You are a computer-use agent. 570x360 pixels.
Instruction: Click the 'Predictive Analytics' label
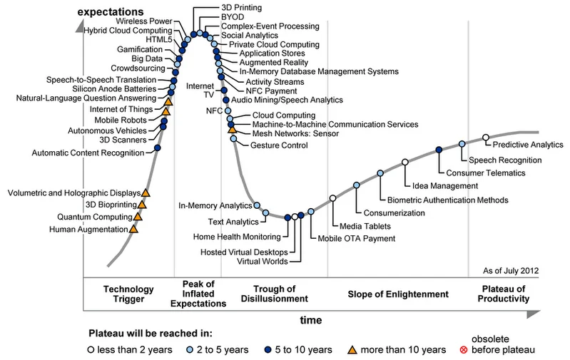(x=528, y=145)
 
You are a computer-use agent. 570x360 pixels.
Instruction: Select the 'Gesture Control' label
(x=279, y=145)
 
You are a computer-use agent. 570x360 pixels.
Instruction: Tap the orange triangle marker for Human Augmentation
(x=133, y=229)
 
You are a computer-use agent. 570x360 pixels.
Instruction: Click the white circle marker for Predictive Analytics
(x=486, y=138)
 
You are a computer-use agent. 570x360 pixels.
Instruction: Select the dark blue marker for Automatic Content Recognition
(x=158, y=148)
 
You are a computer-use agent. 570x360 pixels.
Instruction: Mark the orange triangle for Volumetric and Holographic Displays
(x=146, y=192)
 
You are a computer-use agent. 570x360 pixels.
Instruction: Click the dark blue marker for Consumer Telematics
(x=439, y=148)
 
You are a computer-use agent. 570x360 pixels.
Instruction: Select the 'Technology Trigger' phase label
(x=129, y=294)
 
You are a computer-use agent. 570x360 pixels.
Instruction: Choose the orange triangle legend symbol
(x=352, y=349)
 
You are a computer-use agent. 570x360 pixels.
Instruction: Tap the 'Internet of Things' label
(x=123, y=109)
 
